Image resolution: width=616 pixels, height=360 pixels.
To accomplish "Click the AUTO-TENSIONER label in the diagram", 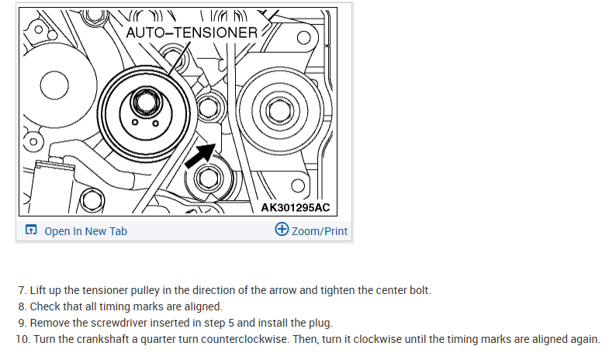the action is [x=192, y=33].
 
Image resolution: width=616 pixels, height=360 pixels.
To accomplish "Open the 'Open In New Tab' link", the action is [x=85, y=231].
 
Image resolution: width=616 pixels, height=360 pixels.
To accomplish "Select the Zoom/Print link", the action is [x=319, y=231].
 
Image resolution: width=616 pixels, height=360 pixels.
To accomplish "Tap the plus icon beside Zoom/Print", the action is [x=282, y=230].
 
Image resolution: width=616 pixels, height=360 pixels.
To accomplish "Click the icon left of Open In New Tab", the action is [x=31, y=230].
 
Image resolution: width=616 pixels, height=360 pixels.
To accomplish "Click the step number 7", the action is [x=22, y=290].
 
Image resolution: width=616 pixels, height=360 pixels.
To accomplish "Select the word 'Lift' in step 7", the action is [x=39, y=290].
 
